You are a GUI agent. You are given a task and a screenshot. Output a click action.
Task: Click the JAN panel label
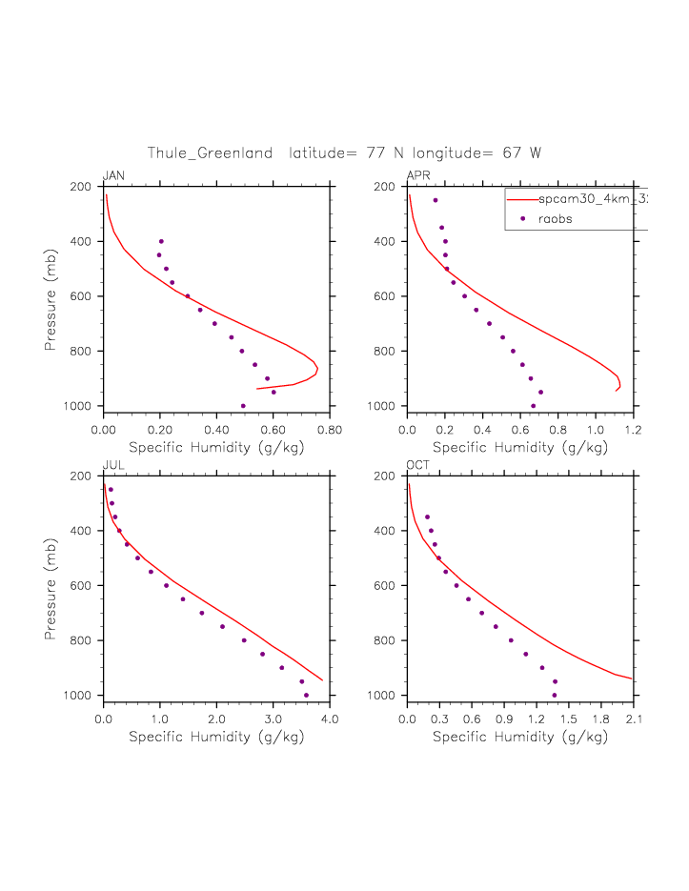click(x=113, y=176)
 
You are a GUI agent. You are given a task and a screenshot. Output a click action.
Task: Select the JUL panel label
click(x=112, y=465)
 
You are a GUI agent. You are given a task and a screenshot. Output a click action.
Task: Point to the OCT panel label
click(x=418, y=465)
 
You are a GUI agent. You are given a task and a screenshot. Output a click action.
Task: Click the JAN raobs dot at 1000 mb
click(x=243, y=406)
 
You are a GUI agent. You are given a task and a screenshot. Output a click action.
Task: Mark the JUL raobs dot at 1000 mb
click(x=306, y=695)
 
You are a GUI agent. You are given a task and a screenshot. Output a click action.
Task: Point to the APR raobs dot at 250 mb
click(x=436, y=200)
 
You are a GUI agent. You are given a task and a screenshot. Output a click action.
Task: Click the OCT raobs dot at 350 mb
click(x=427, y=516)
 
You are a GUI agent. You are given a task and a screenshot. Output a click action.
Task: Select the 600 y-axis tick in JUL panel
click(x=79, y=585)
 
